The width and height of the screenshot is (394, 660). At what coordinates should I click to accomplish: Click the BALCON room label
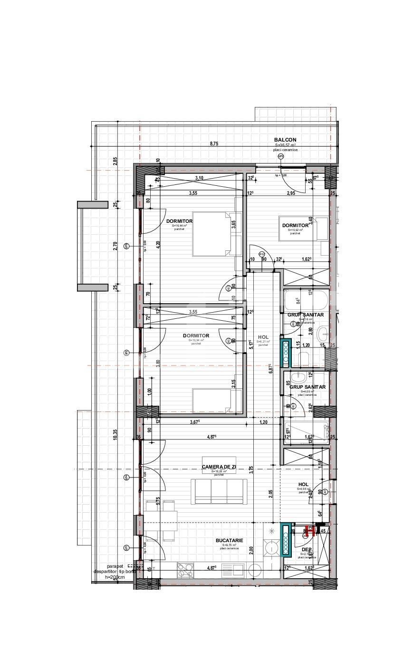(x=285, y=140)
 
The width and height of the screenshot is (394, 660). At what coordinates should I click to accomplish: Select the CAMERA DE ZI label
(x=219, y=468)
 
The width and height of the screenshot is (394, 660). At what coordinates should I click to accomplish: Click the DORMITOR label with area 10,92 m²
(x=296, y=226)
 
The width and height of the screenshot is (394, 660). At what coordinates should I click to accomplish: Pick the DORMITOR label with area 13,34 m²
(x=196, y=336)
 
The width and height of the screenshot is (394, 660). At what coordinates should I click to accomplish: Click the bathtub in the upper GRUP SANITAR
(x=305, y=300)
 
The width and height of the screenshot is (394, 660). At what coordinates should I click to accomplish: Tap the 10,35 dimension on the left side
(x=115, y=435)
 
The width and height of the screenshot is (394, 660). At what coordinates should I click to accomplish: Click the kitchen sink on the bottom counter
(x=233, y=570)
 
